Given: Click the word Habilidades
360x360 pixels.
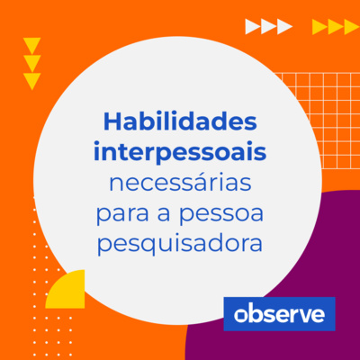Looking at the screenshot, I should pyautogui.click(x=180, y=121).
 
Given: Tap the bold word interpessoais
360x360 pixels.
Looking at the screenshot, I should pyautogui.click(x=180, y=151).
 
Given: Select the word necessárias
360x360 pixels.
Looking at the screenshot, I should pyautogui.click(x=180, y=184).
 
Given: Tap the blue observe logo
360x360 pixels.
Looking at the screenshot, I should pyautogui.click(x=279, y=313).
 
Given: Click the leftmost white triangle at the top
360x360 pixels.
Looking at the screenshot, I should pyautogui.click(x=252, y=27).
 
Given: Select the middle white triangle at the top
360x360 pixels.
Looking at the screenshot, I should pyautogui.click(x=268, y=27).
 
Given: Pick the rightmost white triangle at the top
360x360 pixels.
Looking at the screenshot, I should pyautogui.click(x=284, y=27).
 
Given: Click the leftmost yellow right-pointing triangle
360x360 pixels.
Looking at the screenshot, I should pyautogui.click(x=319, y=27).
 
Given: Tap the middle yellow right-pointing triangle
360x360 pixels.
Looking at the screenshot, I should pyautogui.click(x=335, y=27).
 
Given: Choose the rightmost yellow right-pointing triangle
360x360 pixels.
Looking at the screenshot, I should pyautogui.click(x=351, y=27).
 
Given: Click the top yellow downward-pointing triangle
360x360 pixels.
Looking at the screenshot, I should pyautogui.click(x=32, y=45).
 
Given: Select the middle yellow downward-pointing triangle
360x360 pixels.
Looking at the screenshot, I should pyautogui.click(x=32, y=63).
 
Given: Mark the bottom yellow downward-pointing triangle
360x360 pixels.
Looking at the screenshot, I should pyautogui.click(x=32, y=81).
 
